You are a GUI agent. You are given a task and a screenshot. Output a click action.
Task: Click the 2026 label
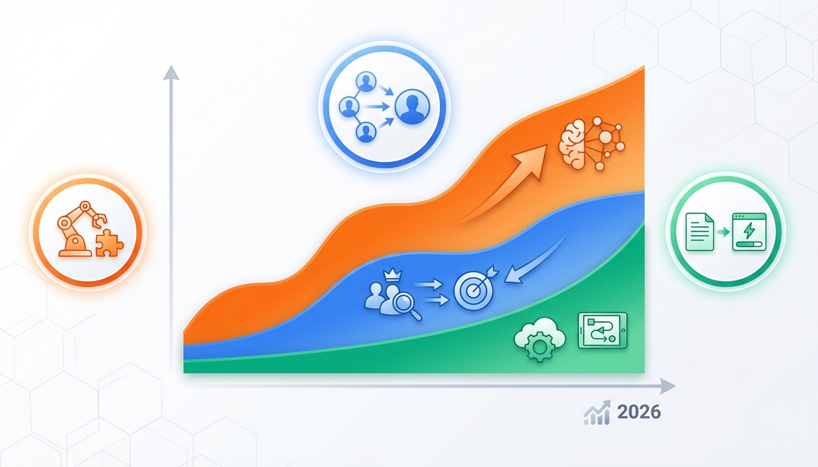pos(639,412)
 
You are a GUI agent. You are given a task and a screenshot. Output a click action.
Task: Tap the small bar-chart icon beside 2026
pos(597,413)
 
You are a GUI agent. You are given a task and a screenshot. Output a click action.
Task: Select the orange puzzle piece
pos(109,243)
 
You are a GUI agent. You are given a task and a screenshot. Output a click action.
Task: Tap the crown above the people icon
pos(392,275)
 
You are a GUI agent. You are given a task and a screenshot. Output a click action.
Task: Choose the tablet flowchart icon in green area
pos(603,331)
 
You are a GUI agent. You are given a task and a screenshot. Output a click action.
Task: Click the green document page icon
pos(700,232)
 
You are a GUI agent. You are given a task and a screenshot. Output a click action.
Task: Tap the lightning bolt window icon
pos(749,232)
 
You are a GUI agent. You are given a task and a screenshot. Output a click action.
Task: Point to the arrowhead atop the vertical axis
pos(171,73)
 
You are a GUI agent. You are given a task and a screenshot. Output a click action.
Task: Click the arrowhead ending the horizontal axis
pos(667,386)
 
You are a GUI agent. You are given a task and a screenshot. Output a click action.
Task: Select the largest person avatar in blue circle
pos(412,107)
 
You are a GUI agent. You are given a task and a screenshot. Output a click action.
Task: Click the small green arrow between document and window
pos(724,232)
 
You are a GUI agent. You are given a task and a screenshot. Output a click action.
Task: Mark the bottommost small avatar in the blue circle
pos(366,132)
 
